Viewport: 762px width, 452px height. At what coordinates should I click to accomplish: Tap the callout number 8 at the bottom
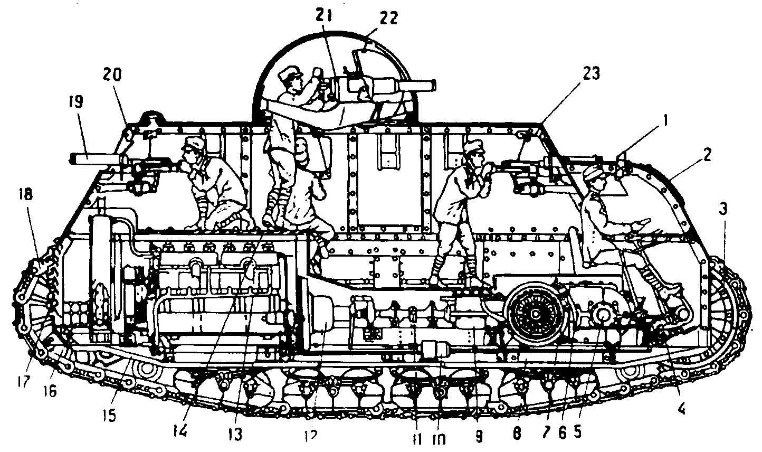pos(517,434)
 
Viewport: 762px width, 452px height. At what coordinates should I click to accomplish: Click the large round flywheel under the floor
pos(535,314)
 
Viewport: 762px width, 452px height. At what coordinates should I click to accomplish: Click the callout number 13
pos(235,434)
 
